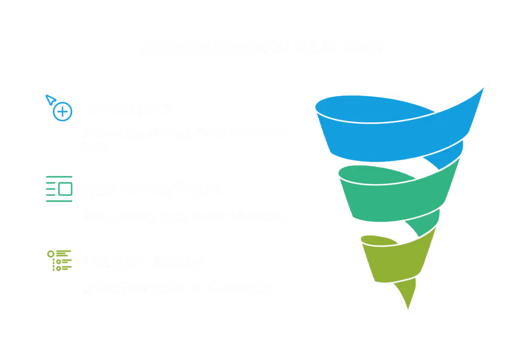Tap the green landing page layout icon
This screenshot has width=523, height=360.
[59, 188]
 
